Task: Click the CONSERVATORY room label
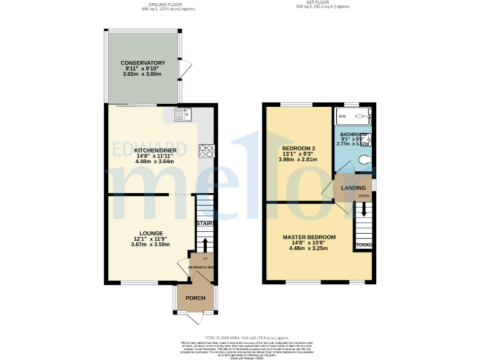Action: click(x=142, y=63)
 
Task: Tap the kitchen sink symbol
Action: click(x=184, y=115)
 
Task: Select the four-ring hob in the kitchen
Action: click(x=206, y=151)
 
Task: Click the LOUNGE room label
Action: click(x=151, y=233)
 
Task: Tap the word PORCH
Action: click(x=195, y=297)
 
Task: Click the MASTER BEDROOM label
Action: click(x=309, y=237)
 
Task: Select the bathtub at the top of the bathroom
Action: click(x=353, y=116)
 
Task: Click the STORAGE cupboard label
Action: click(x=364, y=245)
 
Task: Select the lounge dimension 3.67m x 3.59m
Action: click(x=151, y=244)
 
